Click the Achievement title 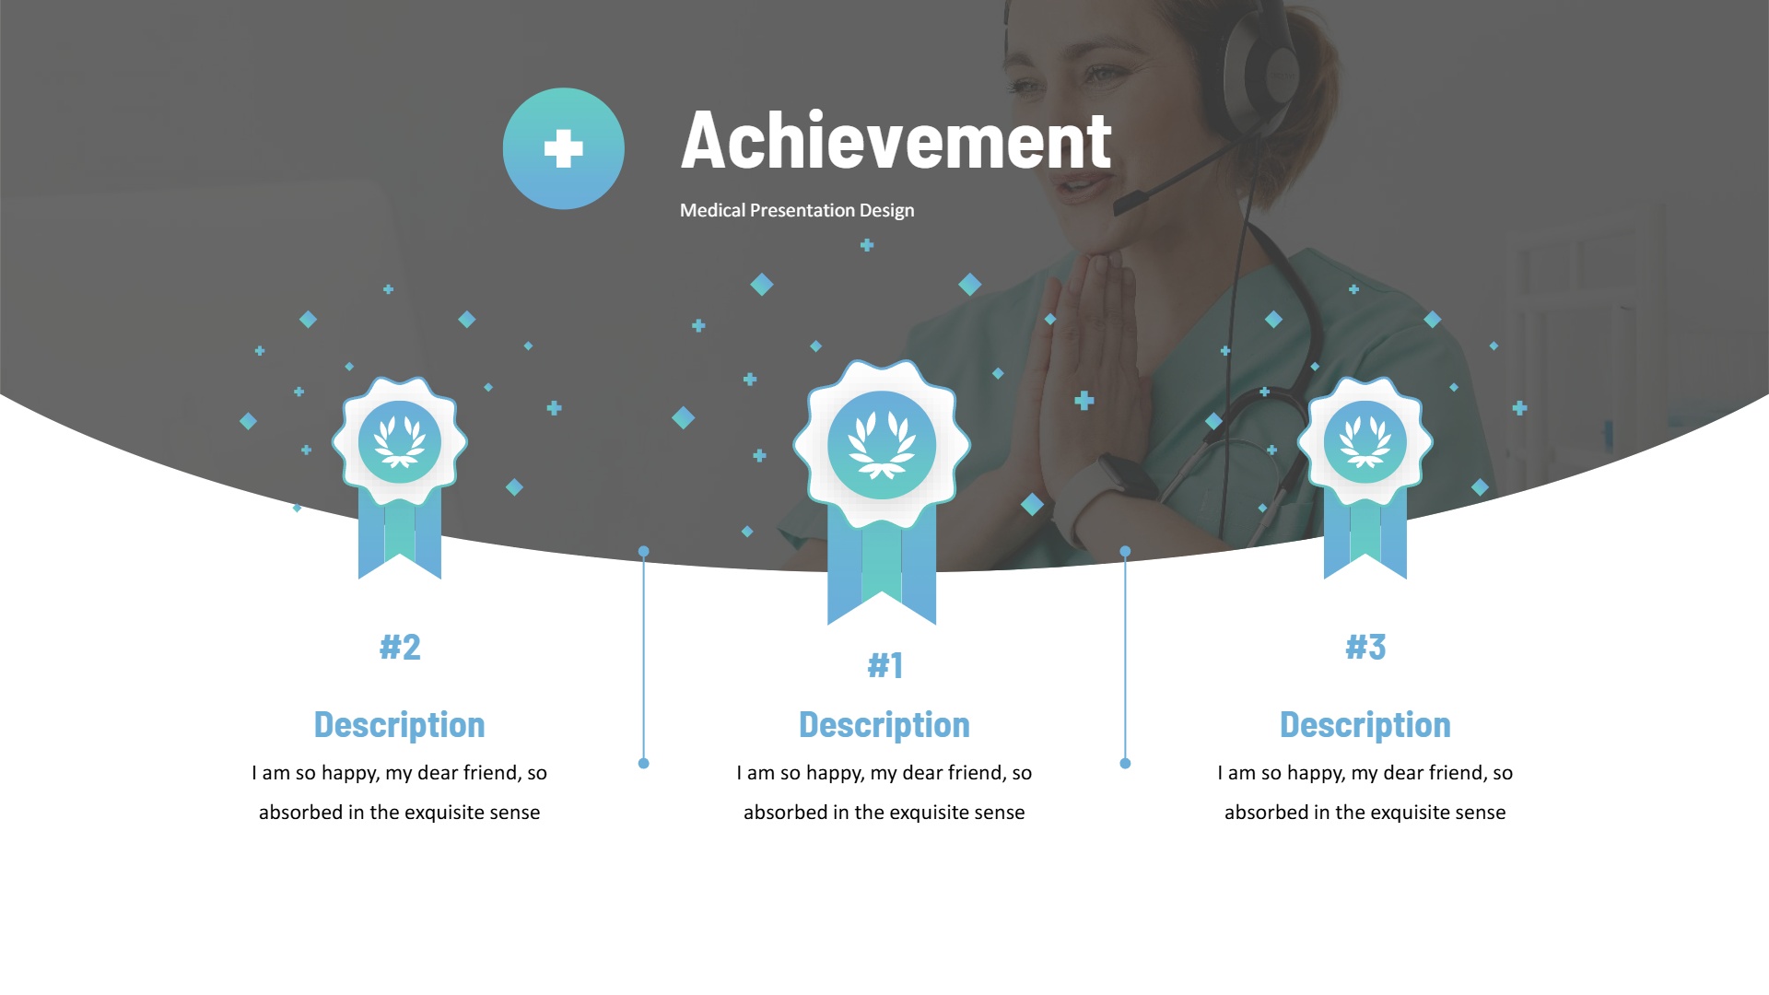point(896,140)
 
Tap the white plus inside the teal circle point(564,148)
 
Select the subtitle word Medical point(712,210)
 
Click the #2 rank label point(400,647)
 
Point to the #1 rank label point(884,665)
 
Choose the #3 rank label point(1365,647)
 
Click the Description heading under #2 point(400,725)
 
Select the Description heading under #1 point(884,725)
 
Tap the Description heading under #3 point(1365,725)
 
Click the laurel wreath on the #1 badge point(882,446)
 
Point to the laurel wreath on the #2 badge point(400,443)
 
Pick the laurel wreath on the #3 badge point(1365,443)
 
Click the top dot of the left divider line point(644,552)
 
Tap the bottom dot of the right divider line point(1125,763)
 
